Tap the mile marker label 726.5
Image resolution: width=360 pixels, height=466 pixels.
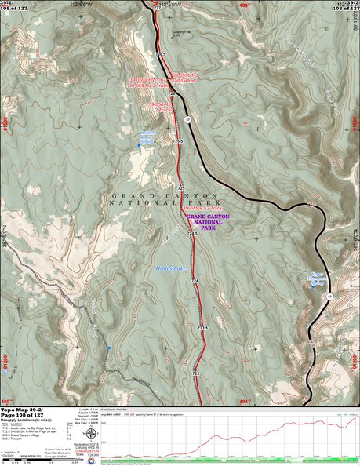coord(162,53)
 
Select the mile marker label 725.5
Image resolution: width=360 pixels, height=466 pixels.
coord(178,141)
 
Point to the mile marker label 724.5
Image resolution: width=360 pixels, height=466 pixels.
coord(191,233)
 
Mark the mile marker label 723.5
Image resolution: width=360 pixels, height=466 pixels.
coord(202,327)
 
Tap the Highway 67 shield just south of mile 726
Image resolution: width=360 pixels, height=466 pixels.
coord(188,119)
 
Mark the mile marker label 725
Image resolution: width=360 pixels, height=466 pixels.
coord(180,188)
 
